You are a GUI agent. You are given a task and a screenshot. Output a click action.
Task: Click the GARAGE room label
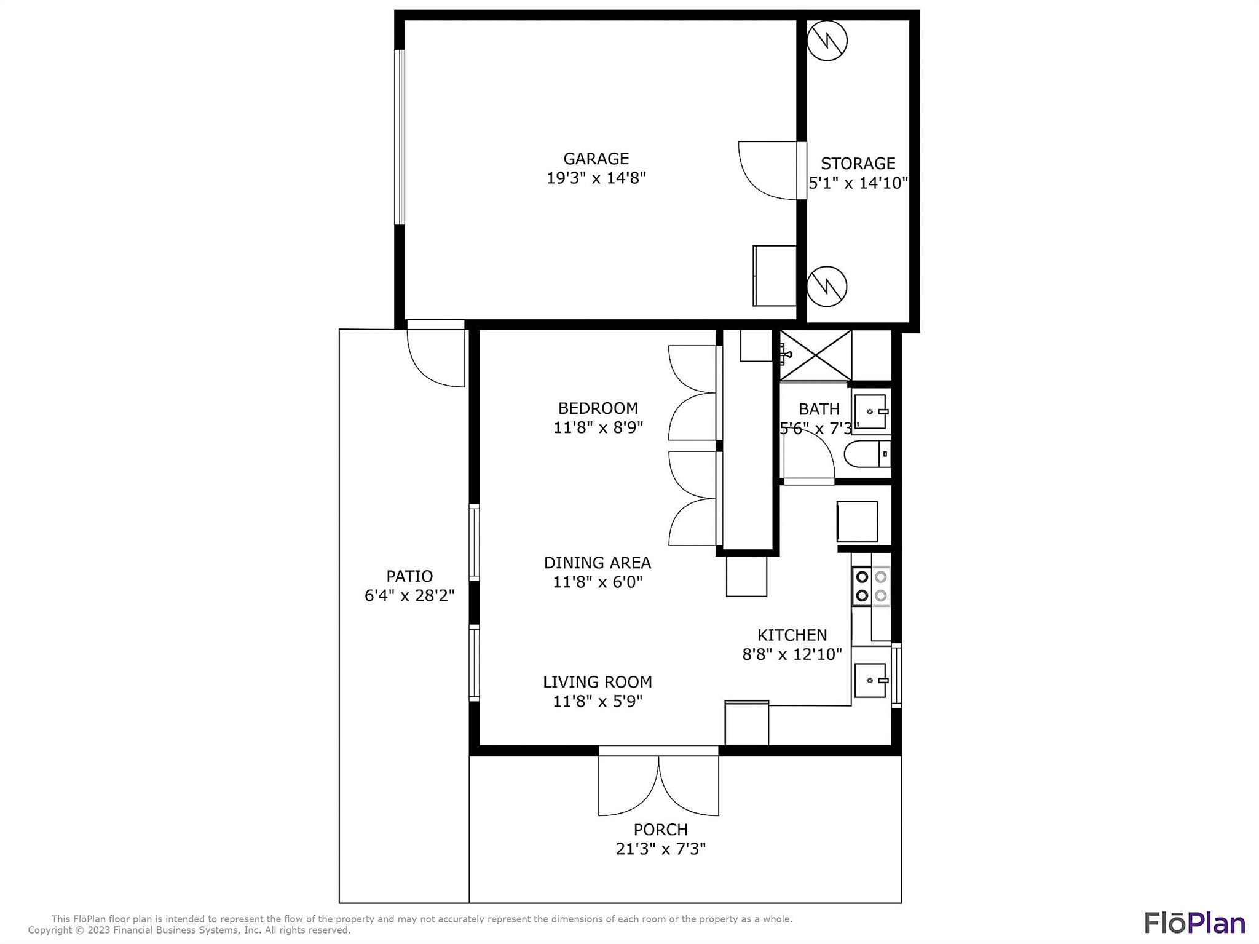pos(596,159)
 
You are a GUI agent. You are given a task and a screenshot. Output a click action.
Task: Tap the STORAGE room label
pos(858,164)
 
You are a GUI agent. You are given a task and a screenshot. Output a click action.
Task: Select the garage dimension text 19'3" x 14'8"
pos(596,178)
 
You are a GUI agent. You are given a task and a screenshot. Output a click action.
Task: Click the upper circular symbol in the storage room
pos(827,41)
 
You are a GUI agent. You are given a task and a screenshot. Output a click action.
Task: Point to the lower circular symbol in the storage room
pos(827,286)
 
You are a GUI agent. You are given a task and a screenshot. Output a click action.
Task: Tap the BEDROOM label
pos(598,408)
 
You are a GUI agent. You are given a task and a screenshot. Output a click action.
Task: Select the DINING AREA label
pos(598,563)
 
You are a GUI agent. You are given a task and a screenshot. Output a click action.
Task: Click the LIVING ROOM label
pos(598,682)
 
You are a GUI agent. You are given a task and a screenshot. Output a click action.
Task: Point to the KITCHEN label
pos(792,635)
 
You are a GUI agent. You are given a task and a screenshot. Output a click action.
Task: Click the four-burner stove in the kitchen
pos(871,586)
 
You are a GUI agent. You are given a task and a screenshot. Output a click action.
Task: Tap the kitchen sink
pos(871,680)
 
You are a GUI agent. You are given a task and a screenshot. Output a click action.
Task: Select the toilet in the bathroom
pos(867,454)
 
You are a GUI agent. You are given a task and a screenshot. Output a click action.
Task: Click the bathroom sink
pos(870,411)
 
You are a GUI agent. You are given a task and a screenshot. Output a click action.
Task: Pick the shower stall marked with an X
pos(816,355)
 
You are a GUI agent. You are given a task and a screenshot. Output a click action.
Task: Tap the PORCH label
pos(660,830)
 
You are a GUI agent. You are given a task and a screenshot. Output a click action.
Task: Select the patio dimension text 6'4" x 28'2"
pos(409,596)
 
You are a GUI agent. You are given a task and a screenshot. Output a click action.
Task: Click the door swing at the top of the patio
pos(436,354)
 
